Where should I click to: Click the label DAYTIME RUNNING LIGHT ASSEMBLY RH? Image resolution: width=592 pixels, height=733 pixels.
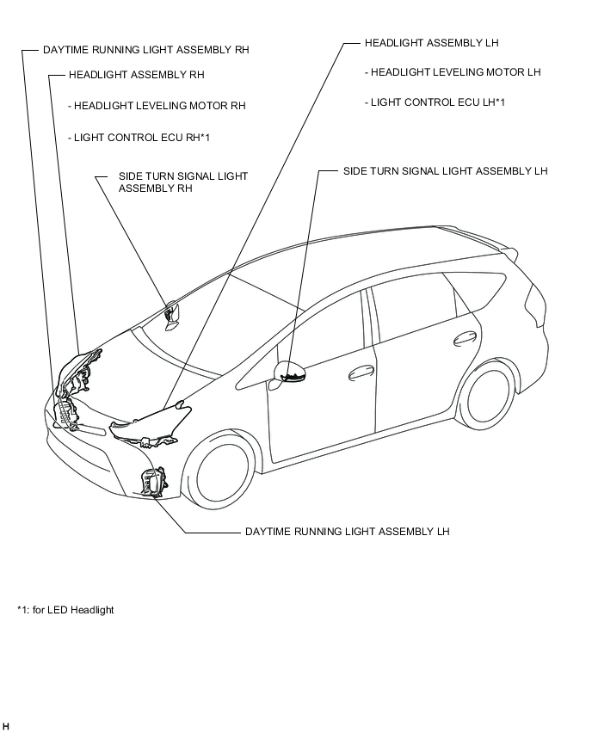tap(145, 50)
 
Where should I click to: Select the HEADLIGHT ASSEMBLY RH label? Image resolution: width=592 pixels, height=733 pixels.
tap(136, 75)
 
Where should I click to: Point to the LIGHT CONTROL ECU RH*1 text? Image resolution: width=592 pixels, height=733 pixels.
tap(142, 137)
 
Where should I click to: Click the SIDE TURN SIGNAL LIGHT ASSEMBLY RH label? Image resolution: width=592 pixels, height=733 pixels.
tap(182, 182)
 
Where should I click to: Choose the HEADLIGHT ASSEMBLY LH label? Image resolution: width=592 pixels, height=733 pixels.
tap(431, 42)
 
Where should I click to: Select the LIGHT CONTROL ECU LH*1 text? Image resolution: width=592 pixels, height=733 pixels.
tap(437, 102)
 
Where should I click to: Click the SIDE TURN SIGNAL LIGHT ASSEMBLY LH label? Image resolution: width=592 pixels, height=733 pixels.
tap(445, 171)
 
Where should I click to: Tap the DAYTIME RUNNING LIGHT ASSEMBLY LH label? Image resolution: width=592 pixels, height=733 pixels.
tap(347, 532)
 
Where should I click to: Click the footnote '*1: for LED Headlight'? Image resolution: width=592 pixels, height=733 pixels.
tap(65, 610)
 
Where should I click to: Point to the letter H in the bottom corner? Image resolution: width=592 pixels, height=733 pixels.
tap(6, 728)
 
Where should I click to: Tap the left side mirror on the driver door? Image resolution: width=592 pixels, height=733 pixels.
tap(290, 372)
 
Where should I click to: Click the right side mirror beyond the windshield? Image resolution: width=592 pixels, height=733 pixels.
tap(170, 314)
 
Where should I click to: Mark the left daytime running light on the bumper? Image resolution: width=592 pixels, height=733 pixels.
tap(155, 484)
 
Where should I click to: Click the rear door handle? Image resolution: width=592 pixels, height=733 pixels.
tap(466, 337)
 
